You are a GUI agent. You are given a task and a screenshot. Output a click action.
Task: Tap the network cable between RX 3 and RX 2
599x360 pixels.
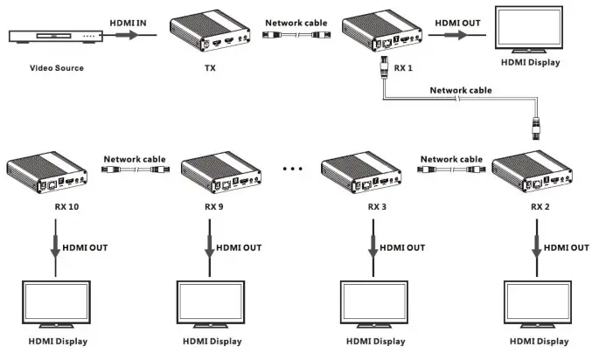450,174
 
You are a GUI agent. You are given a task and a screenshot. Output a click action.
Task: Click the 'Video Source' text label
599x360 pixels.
58,68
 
